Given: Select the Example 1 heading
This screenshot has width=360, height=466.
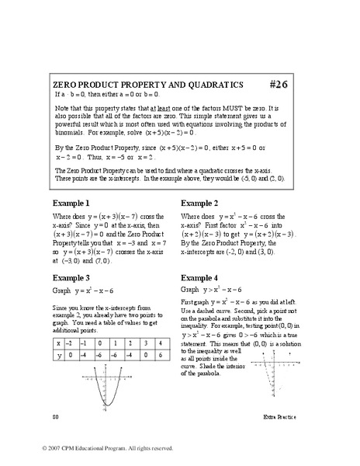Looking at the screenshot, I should click(71, 202).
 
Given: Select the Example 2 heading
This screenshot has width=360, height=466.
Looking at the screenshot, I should click(201, 202).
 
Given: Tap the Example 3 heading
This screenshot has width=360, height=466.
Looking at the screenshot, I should click(71, 277).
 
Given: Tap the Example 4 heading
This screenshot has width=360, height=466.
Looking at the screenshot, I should click(201, 277).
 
